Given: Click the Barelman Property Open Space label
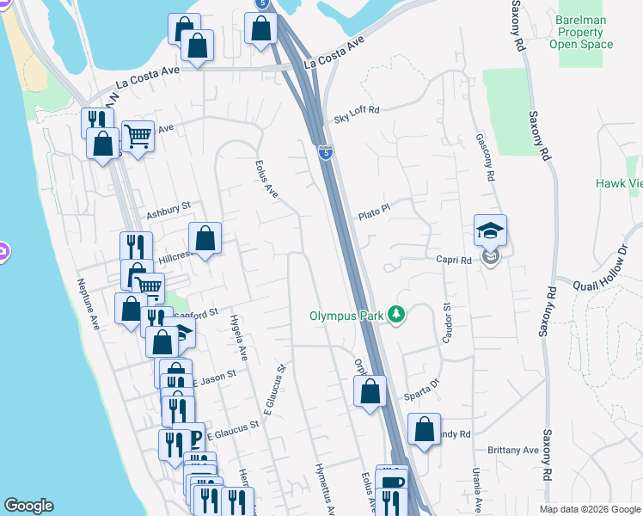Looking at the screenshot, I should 582,32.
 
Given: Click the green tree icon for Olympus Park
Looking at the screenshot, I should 396,315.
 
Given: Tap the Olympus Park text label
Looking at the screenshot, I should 347,315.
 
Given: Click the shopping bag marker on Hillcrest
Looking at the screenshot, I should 205,240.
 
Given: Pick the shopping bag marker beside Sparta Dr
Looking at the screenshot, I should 370,391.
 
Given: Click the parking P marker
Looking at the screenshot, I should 193,439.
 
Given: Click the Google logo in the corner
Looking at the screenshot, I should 29,506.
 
